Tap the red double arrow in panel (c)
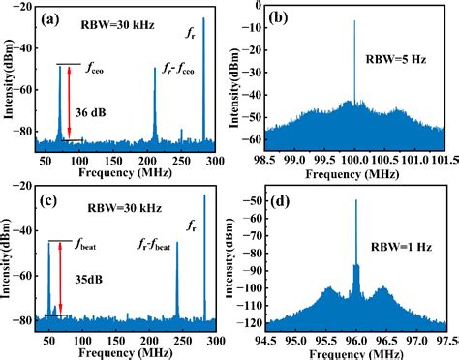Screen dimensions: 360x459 (x=61, y=278)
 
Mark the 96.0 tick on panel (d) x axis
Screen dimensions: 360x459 (x=355, y=340)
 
